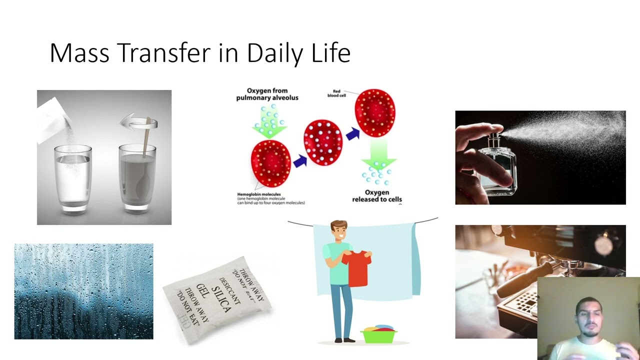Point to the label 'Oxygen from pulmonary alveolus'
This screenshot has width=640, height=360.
[x=267, y=94]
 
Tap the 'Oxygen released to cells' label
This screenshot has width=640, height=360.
[x=377, y=196]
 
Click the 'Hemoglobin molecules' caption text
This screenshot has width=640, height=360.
[x=259, y=194]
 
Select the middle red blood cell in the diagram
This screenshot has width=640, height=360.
[x=323, y=142]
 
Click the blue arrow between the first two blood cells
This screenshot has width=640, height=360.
[x=300, y=161]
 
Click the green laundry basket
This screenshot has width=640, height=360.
[x=379, y=334]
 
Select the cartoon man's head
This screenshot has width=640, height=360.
[x=339, y=231]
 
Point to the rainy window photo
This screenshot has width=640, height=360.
[x=83, y=291]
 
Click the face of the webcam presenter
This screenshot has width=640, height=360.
[x=590, y=317]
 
